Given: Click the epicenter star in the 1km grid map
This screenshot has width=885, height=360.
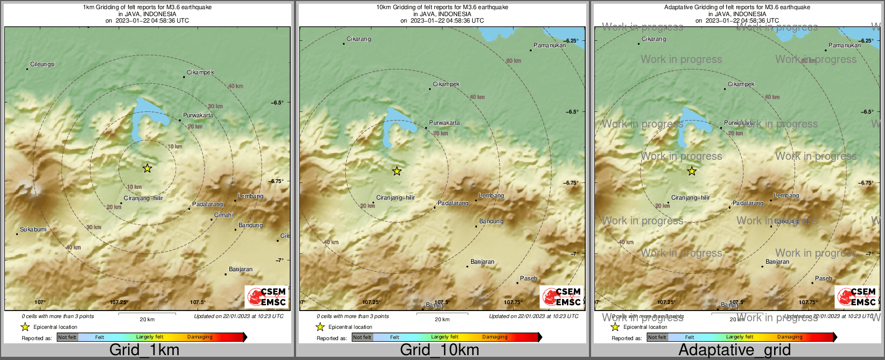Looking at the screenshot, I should [147, 168].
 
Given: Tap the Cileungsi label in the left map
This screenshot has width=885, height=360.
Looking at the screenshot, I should [42, 64].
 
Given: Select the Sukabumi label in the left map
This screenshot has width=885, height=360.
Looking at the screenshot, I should [33, 230].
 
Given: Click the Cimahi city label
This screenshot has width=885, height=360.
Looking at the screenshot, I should [224, 215].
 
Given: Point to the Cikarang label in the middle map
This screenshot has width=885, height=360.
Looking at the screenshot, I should [359, 39].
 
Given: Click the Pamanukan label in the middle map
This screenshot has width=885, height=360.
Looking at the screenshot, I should [549, 46].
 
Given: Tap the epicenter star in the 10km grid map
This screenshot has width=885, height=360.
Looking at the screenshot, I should [397, 171].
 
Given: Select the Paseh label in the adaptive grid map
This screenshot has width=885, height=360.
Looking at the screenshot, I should [824, 279].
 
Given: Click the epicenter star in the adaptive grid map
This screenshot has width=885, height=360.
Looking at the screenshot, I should [692, 171].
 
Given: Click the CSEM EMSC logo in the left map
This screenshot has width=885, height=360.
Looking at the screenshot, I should [266, 297].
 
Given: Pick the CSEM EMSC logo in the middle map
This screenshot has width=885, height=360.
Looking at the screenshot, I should [561, 297].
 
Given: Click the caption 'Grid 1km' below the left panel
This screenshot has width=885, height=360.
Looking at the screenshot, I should [144, 350].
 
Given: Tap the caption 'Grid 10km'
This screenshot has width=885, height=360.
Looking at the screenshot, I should [439, 350].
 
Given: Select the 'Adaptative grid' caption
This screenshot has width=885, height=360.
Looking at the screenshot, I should [734, 350].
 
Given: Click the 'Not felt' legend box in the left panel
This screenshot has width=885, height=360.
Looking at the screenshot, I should [67, 337].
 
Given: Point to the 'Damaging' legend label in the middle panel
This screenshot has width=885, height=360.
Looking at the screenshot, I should [495, 337].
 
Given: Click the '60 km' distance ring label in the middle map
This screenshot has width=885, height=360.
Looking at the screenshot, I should [514, 61].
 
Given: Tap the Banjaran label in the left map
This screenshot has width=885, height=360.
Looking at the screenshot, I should [241, 270].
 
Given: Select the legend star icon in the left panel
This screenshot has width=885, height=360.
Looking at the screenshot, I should [25, 327].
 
